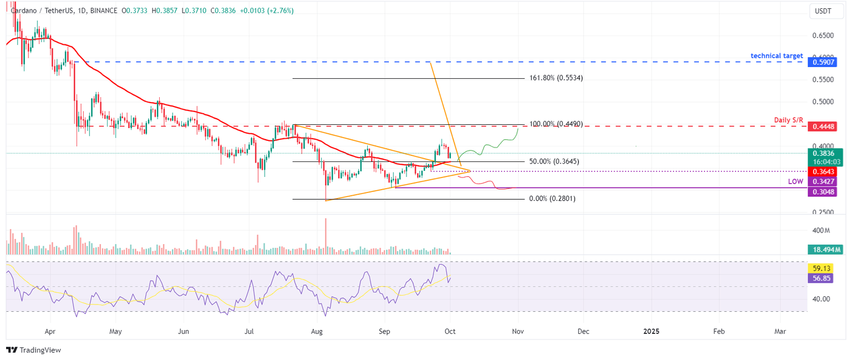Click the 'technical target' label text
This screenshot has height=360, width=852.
pos(777,56)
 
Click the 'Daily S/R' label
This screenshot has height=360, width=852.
pos(788,120)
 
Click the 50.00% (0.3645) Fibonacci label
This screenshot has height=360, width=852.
pos(554,161)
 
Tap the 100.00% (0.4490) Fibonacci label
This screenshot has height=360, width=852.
pos(555,124)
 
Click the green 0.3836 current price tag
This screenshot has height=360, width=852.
pos(825,153)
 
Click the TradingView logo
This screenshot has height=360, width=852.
pos(33,350)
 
